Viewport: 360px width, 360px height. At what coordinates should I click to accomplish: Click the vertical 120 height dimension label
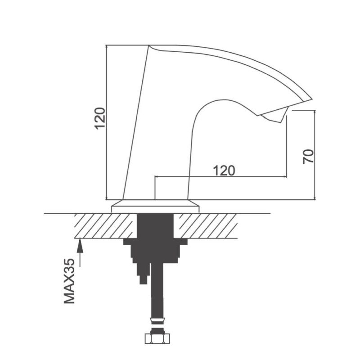pyautogui.click(x=100, y=118)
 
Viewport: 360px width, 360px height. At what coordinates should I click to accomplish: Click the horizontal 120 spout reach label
pyautogui.click(x=224, y=171)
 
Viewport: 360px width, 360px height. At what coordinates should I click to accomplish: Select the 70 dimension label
pyautogui.click(x=308, y=156)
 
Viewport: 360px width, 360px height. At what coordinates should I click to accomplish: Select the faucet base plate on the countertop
pyautogui.click(x=155, y=206)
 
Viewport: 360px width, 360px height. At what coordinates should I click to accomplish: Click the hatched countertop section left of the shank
pyautogui.click(x=106, y=226)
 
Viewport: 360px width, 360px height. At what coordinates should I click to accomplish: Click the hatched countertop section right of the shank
pyautogui.click(x=205, y=226)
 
